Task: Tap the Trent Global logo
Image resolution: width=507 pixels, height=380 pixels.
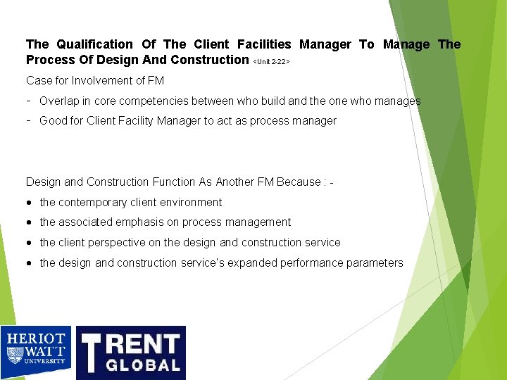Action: [x=130, y=353]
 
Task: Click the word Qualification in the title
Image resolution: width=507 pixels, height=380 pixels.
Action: [x=91, y=44]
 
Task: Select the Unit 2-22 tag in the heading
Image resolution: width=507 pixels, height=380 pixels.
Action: [x=271, y=62]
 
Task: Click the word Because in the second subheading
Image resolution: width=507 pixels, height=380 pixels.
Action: [x=297, y=182]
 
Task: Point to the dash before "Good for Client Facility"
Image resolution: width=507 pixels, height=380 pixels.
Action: [x=29, y=120]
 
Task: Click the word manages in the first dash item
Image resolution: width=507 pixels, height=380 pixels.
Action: [x=397, y=101]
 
